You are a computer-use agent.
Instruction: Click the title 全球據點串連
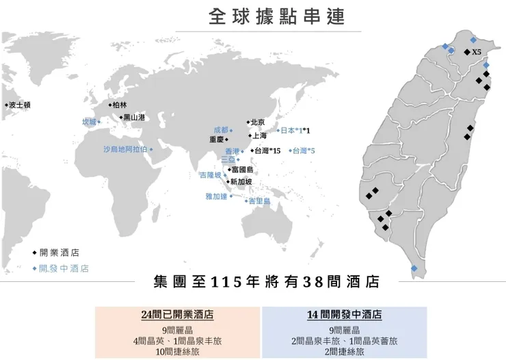pos(277,16)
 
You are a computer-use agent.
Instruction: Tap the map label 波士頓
pos(20,105)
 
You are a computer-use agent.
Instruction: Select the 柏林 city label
pos(119,105)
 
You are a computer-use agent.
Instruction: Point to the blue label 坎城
pos(89,122)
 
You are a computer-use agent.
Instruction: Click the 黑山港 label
pos(134,117)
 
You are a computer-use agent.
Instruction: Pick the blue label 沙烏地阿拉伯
pos(125,149)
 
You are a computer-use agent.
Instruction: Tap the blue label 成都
pos(221,129)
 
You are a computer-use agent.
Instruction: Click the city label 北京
pos(257,122)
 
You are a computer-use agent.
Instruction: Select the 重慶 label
pos(216,139)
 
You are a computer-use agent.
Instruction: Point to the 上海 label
pos(259,136)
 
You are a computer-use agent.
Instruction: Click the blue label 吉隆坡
pos(210,175)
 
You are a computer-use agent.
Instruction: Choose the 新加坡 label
pos(241,181)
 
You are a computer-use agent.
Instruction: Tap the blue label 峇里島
pos(259,201)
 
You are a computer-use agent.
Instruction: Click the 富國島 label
pos(243,169)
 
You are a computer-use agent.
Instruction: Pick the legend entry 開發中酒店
pos(64,268)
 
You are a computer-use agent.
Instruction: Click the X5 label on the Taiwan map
pos(477,52)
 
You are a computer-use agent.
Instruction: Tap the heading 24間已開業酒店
pos(177,316)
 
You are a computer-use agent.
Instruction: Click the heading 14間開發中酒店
pos(345,316)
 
